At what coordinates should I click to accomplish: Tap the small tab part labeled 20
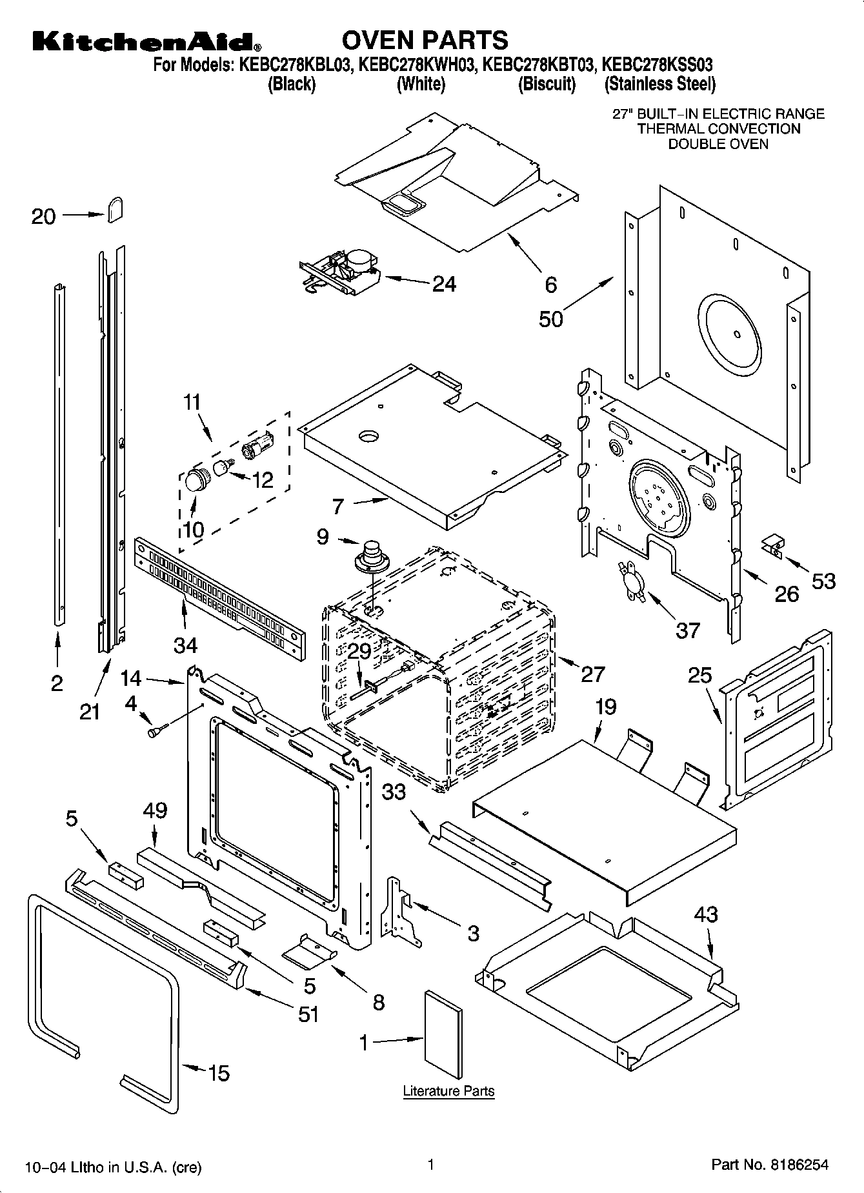(114, 209)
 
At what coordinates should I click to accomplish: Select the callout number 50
(551, 319)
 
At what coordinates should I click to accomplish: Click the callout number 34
(185, 644)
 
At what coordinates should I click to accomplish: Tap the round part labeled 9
(370, 556)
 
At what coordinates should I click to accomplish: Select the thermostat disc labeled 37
(631, 581)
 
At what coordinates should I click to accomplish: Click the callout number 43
(706, 914)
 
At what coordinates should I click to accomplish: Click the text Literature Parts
(448, 1091)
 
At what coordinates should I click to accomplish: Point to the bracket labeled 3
(398, 907)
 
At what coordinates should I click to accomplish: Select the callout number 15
(219, 1073)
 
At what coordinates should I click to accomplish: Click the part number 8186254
(798, 1164)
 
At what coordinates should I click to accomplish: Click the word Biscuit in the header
(547, 84)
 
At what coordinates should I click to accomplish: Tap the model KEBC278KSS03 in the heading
(657, 65)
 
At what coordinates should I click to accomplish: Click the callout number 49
(156, 810)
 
